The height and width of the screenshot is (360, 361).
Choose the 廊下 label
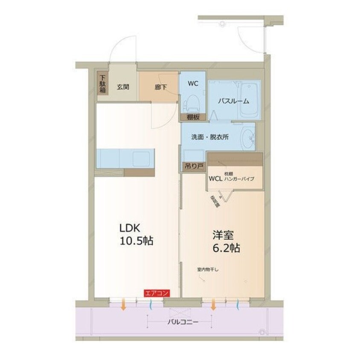(161, 86)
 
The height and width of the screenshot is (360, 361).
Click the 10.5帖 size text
(137, 241)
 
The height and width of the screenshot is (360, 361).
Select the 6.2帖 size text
(227, 248)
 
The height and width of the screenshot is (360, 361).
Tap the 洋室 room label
(223, 235)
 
